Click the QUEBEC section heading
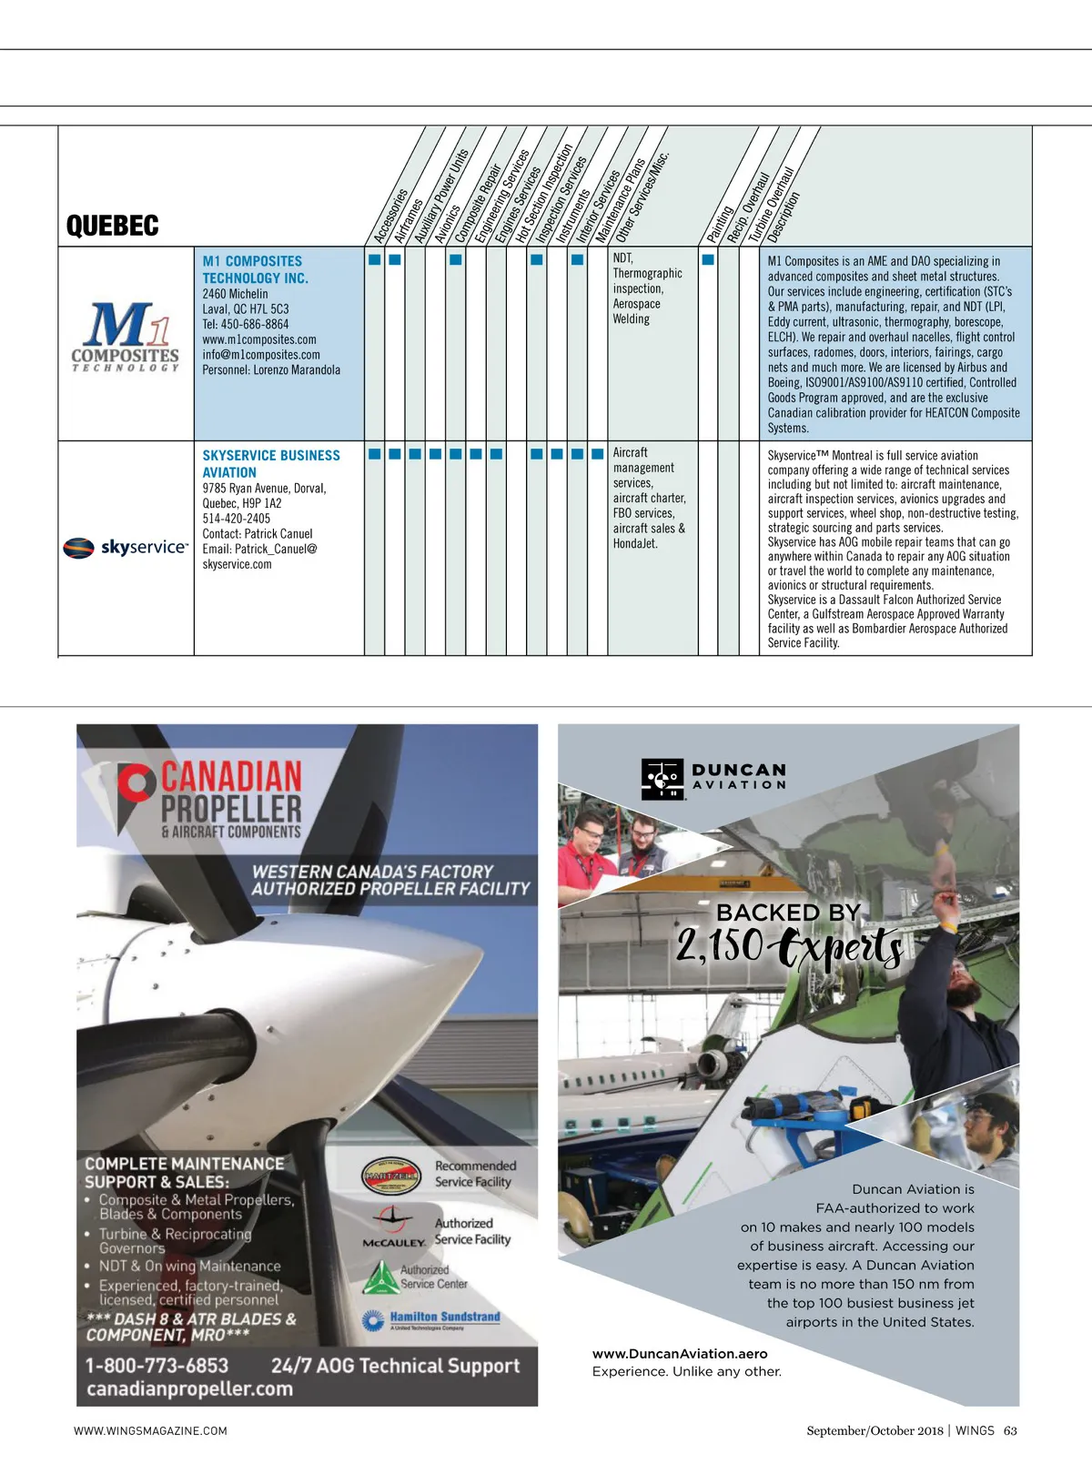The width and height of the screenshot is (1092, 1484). [x=112, y=226]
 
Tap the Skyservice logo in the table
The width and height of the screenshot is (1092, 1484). [x=126, y=547]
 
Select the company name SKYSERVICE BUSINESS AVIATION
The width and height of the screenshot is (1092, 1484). [x=270, y=463]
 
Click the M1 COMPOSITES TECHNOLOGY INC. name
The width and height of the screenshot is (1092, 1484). [x=255, y=269]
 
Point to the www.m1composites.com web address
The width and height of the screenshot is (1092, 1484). [x=259, y=339]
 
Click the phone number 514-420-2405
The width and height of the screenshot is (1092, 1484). [x=236, y=518]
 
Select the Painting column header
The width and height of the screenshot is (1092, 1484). [x=719, y=223]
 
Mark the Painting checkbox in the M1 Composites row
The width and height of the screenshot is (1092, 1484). [x=708, y=259]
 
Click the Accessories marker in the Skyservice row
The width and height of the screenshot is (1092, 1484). [x=374, y=453]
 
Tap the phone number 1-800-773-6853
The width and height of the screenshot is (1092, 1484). [x=157, y=1365]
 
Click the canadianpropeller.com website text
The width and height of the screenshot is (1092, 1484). [x=189, y=1388]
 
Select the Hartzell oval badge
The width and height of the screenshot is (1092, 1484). [x=390, y=1176]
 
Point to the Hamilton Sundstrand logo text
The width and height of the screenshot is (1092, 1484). [x=445, y=1317]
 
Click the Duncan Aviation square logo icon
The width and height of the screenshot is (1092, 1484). [x=662, y=779]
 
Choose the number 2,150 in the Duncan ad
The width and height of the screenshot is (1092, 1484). [x=719, y=946]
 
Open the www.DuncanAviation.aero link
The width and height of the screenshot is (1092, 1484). [x=680, y=1353]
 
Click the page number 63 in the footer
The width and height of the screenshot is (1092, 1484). [x=1010, y=1430]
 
